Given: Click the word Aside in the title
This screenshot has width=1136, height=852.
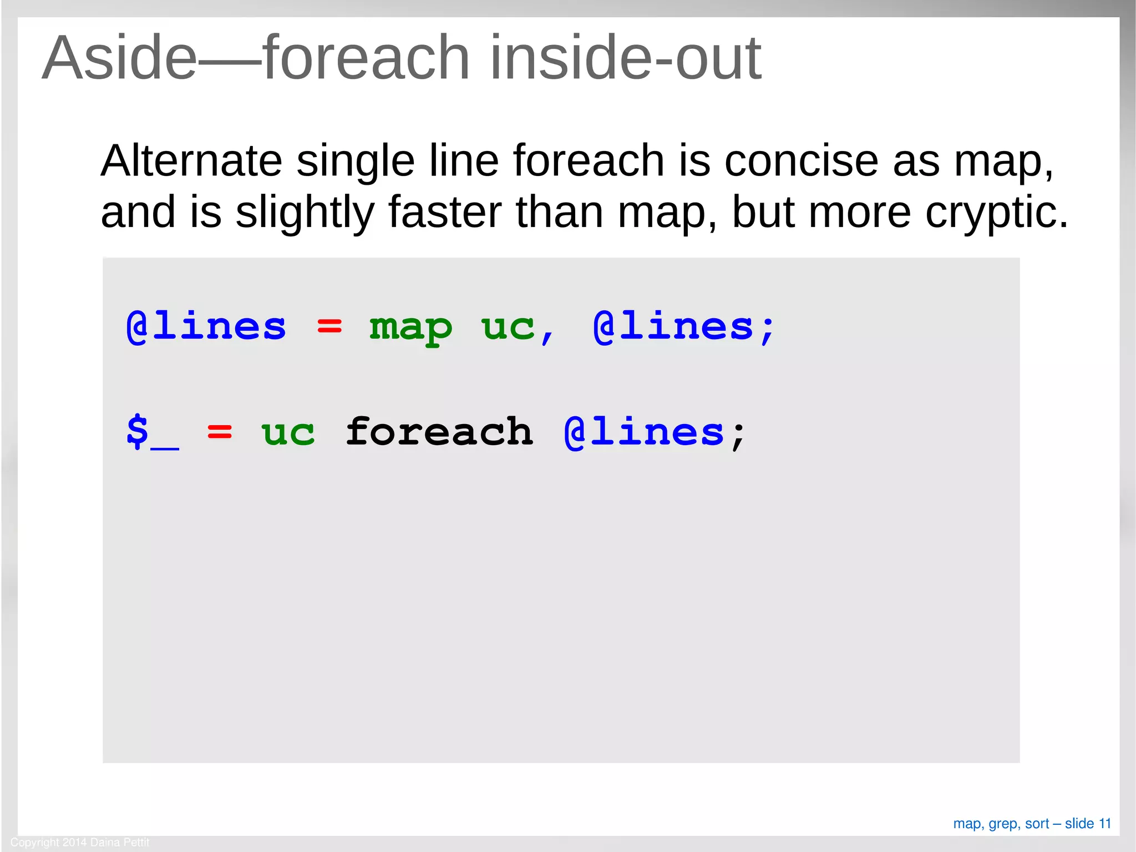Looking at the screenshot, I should pos(120,58).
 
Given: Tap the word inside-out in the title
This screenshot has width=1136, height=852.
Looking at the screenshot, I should pos(626,58).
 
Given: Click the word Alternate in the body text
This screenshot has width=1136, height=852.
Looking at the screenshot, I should pos(191,161).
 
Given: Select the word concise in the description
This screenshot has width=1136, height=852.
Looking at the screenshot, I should pos(801,161).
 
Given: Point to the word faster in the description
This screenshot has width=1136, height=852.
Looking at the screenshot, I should pos(445,212).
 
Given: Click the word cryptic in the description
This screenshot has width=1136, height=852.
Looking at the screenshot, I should pos(996,213).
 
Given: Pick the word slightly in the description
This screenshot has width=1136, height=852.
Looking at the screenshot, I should pos(305,213).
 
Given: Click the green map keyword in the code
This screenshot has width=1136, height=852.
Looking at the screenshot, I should pos(411,327).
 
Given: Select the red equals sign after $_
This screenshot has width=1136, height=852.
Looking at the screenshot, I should pos(220,432).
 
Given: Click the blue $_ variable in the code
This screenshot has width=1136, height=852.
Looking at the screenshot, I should pos(153,432).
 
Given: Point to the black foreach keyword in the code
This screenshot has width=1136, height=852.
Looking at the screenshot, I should pos(439,432).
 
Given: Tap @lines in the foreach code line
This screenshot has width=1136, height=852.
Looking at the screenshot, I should pos(644,432).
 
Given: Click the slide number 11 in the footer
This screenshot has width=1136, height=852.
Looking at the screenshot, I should pos(1105,824).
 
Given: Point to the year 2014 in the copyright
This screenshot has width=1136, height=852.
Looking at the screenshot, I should pos(74,843).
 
